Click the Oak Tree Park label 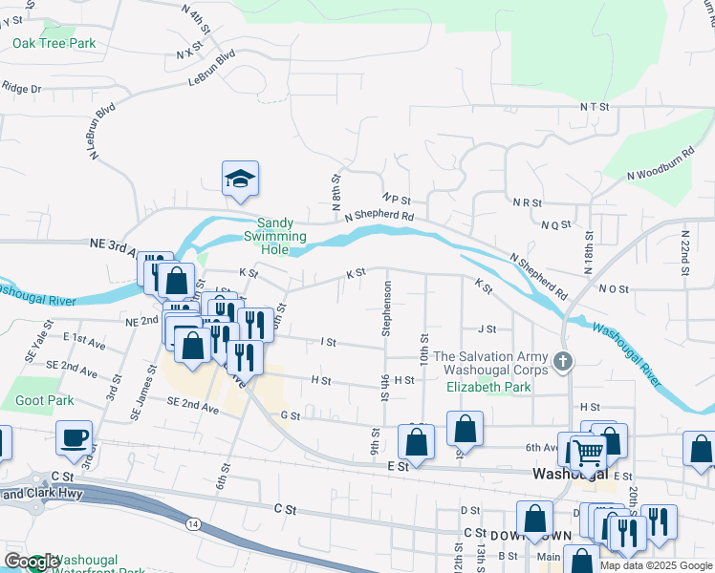click(54, 43)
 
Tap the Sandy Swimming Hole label click(274, 236)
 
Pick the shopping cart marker click(589, 452)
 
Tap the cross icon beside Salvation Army click(564, 364)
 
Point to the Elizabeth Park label click(487, 388)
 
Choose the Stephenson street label click(387, 308)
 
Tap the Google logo click(32, 562)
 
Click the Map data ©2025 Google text click(655, 565)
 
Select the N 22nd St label click(685, 252)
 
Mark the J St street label click(487, 329)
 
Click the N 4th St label click(194, 18)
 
